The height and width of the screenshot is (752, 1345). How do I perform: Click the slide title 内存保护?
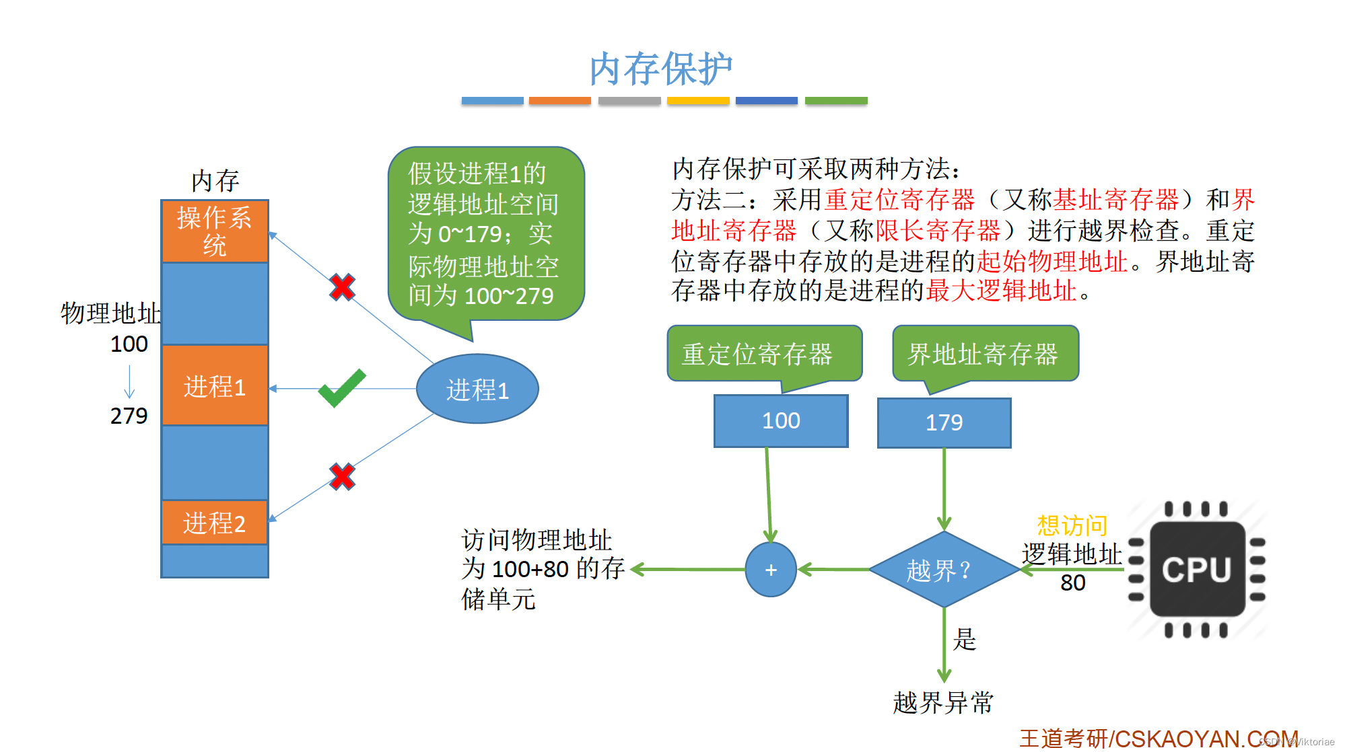point(660,69)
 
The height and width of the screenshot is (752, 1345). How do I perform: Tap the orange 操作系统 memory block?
point(215,231)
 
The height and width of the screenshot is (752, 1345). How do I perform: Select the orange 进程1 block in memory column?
point(215,386)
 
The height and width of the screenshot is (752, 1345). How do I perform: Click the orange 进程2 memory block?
point(215,523)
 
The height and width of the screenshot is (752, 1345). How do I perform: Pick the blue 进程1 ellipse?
point(477,389)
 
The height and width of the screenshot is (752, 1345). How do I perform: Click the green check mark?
point(342,388)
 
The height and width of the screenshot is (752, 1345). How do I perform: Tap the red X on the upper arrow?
point(342,287)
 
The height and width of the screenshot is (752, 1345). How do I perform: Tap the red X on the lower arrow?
point(342,477)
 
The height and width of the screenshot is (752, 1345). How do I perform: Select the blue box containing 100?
point(781,421)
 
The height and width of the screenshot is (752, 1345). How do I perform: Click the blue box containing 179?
point(944,423)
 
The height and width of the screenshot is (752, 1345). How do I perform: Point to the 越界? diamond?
point(944,570)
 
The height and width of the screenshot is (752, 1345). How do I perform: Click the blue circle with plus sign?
point(771,570)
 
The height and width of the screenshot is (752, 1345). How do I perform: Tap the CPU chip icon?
point(1197,569)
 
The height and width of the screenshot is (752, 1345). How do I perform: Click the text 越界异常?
point(943,703)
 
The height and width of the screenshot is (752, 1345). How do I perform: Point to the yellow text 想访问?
point(1072,525)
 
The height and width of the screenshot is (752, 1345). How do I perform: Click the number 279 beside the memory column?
point(129,416)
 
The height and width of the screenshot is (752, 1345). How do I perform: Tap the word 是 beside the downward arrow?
point(965,639)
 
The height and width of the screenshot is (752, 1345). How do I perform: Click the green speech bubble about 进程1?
point(485,234)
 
